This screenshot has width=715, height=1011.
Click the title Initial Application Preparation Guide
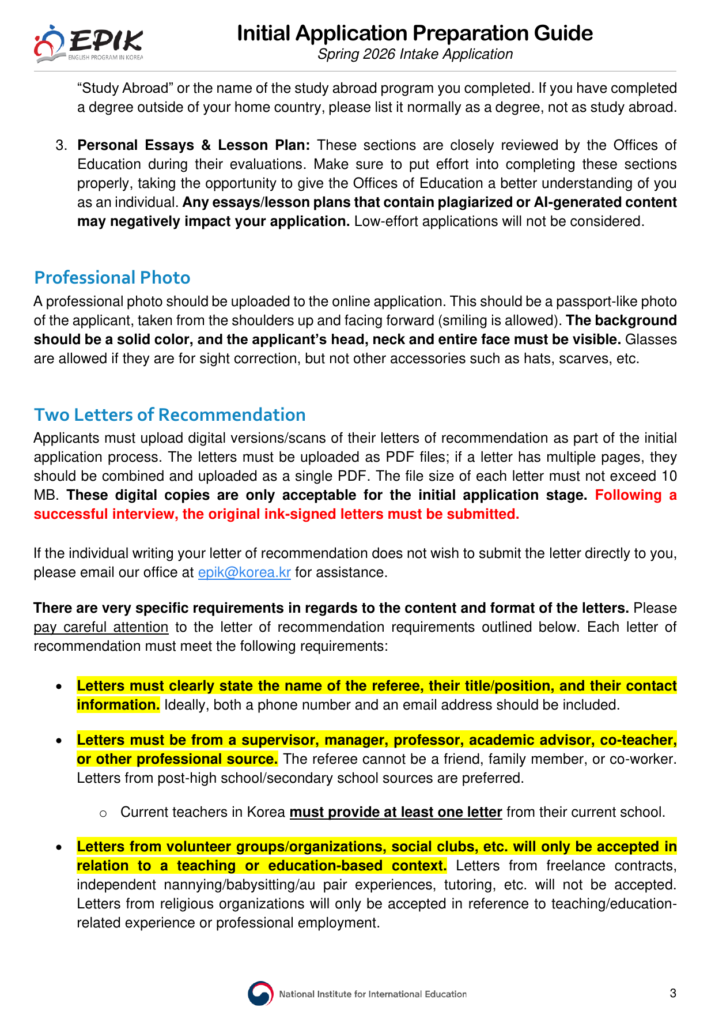pos(415,33)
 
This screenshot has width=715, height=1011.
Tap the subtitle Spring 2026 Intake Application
pos(415,54)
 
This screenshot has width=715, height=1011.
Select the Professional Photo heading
pos(112,278)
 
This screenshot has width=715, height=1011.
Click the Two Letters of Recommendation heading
pos(170,415)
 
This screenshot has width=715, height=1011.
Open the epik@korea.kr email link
pos(244,572)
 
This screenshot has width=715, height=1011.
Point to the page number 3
pos(673,993)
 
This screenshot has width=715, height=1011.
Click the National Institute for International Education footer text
pos(373,994)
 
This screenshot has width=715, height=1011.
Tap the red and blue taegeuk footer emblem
pos(260,994)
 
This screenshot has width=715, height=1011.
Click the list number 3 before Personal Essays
pos(61,145)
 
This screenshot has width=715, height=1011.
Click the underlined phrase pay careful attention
pos(101,627)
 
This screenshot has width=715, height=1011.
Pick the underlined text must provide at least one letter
pos(396,812)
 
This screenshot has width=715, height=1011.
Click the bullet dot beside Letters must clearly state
pos(59,687)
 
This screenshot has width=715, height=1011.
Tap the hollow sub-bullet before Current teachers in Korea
pos(103,813)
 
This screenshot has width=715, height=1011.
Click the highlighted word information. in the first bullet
pos(118,705)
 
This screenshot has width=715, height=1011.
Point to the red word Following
pos(628,495)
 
